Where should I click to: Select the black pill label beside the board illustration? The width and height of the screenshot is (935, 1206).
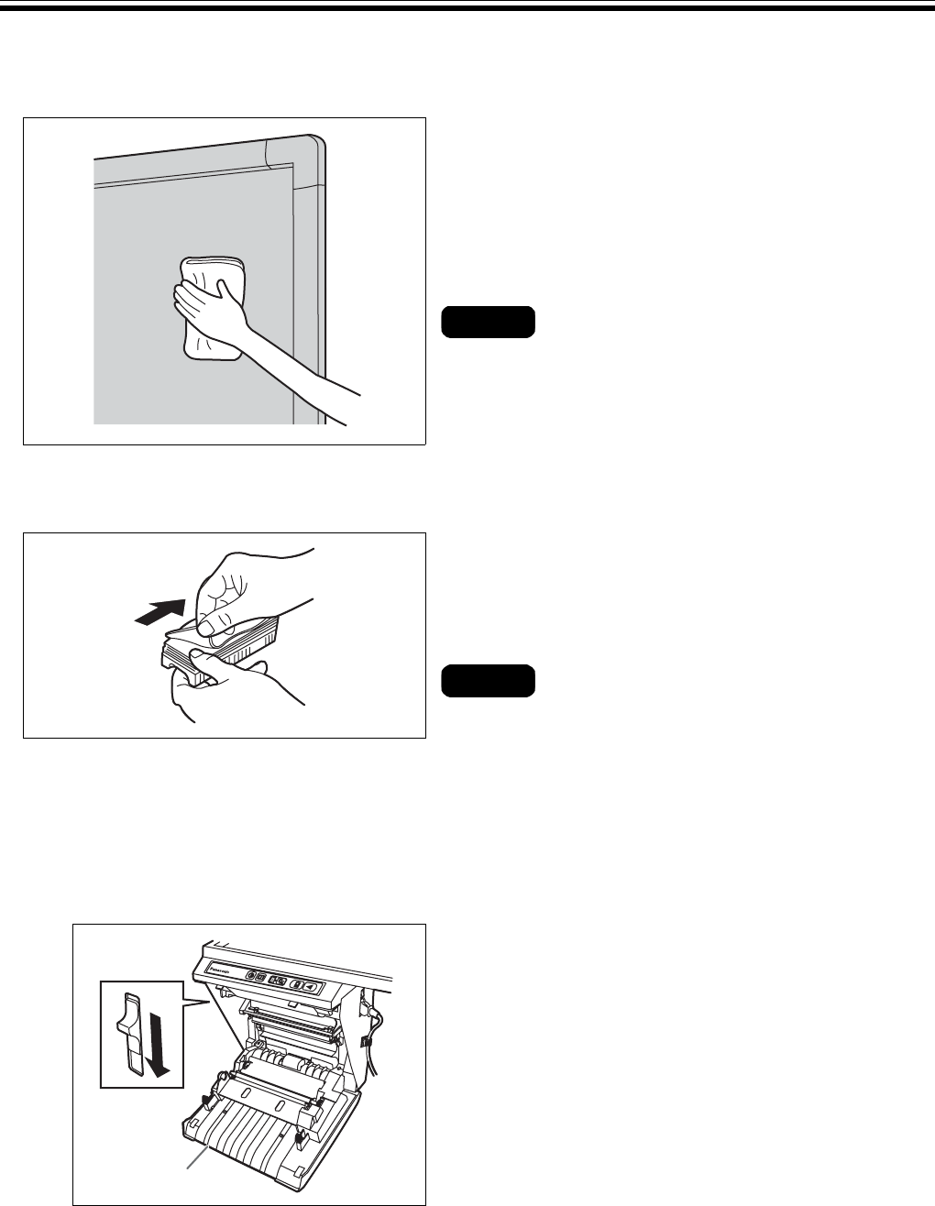(488, 323)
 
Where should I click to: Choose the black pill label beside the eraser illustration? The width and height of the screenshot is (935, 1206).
(488, 681)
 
